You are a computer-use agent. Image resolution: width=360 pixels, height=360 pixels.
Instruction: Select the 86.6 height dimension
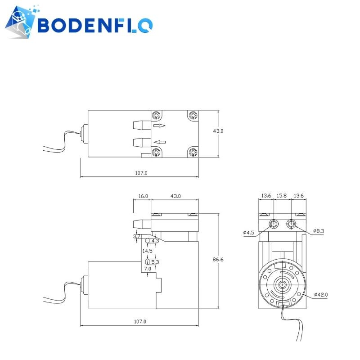[219, 260]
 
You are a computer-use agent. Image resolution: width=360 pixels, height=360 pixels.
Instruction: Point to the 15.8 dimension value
[282, 196]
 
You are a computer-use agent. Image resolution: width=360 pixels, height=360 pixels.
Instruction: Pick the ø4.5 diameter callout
[249, 233]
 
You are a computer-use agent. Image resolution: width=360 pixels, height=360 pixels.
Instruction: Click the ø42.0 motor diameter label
[321, 295]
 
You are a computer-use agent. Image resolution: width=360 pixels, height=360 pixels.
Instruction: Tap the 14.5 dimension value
[148, 251]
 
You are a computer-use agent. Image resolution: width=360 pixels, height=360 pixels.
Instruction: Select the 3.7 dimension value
[136, 236]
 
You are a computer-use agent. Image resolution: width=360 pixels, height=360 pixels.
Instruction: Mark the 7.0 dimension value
[148, 269]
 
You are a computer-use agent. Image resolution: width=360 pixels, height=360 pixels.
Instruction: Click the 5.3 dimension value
[155, 261]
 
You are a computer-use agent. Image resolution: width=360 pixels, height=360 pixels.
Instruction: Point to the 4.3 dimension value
[155, 241]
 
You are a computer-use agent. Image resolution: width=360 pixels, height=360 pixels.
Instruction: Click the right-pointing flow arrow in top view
[160, 126]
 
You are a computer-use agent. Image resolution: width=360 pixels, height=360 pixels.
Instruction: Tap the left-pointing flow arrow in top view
[160, 142]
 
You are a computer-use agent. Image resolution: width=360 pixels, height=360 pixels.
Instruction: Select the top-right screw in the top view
[193, 115]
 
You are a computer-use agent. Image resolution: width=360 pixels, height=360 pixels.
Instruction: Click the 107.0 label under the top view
[141, 173]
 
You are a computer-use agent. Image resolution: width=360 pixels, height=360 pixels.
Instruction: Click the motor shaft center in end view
[282, 285]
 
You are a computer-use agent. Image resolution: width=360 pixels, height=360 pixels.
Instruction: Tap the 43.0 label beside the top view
[218, 131]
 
